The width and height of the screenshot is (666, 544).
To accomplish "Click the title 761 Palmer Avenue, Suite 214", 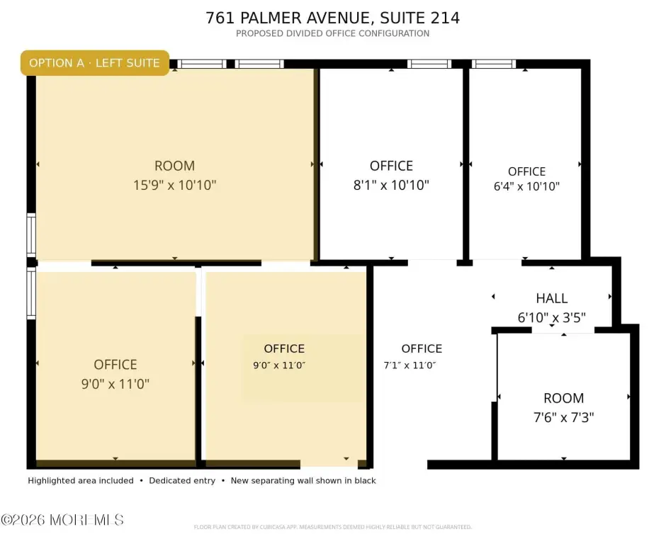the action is coord(332,18).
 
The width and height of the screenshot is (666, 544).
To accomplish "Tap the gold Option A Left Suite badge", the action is coord(95,63).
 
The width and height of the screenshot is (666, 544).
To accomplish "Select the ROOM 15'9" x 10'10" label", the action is coord(174,176).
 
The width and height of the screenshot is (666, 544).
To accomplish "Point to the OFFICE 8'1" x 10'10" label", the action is coord(391,176).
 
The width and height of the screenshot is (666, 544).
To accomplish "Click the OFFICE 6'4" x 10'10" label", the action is coord(526,178).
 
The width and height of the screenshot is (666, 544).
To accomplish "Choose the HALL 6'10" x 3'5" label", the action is coord(552,307).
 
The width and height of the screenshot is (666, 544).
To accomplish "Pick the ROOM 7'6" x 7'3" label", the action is coord(564,408).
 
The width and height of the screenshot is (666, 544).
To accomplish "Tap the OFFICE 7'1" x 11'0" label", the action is coord(413,357).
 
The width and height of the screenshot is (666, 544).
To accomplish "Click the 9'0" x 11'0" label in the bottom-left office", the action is coord(115,384).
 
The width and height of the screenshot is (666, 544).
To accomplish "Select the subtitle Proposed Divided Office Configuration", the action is coord(332,33).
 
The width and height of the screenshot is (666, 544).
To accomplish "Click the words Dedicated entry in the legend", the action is coord(182,481).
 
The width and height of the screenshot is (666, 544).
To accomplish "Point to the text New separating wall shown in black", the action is coord(303,481).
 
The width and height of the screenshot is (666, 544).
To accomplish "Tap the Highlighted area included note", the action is coord(81,481).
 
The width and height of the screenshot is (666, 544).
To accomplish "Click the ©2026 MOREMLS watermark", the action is coord(62,520).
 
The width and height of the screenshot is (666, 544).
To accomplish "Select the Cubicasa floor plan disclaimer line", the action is coord(332,527).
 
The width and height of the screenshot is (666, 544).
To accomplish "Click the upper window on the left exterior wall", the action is coord(31,235).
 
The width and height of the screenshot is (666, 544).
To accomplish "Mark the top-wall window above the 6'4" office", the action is coord(494,64).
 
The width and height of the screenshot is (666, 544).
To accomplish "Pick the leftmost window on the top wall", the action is coord(202,64).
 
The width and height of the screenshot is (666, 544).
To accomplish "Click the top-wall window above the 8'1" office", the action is coord(429,64).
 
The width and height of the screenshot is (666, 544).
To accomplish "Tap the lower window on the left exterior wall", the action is coord(31,293).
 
